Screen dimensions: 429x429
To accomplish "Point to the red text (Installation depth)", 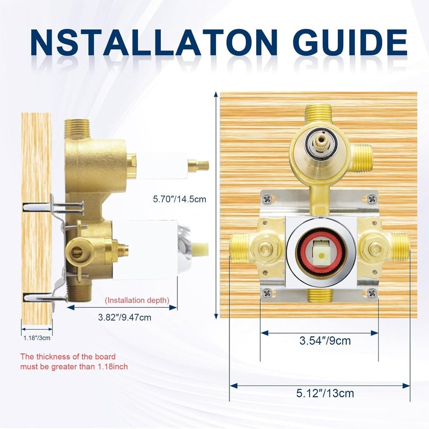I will pyautogui.click(x=137, y=300).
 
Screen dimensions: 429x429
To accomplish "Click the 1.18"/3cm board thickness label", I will pyautogui.click(x=36, y=338).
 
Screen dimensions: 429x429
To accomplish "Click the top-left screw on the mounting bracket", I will pyautogui.click(x=267, y=199).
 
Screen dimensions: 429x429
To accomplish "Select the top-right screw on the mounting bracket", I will pyautogui.click(x=372, y=199).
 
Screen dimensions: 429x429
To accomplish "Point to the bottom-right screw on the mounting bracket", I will pyautogui.click(x=372, y=292).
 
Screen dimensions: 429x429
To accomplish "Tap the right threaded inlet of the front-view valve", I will pyautogui.click(x=401, y=248).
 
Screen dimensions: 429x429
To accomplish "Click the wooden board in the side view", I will pyautogui.click(x=36, y=214).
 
